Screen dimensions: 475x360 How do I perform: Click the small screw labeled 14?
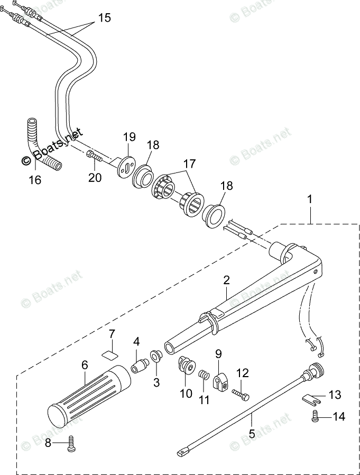(315, 417)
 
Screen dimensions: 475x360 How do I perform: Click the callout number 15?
(104, 18)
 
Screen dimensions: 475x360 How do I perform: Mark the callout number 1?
(310, 199)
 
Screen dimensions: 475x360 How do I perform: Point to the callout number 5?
(252, 433)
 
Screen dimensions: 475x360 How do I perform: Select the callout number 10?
(185, 393)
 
